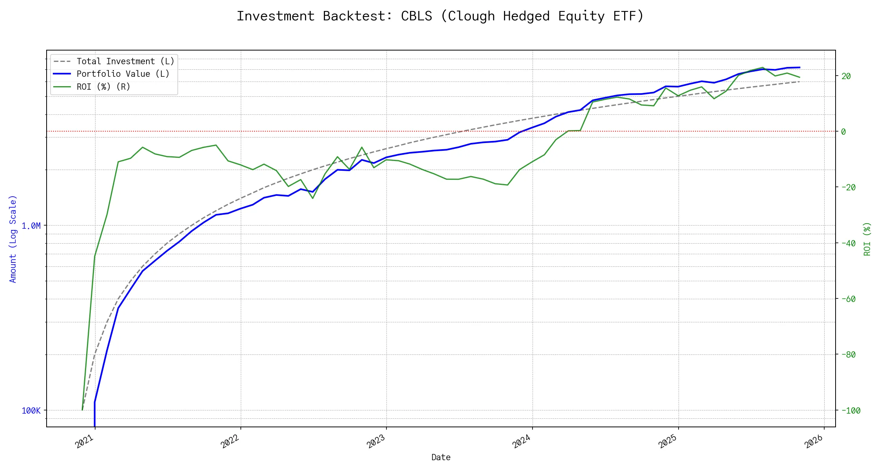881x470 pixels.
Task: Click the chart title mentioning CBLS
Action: point(440,16)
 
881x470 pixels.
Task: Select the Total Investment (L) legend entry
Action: point(125,61)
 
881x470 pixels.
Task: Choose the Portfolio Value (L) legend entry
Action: point(123,74)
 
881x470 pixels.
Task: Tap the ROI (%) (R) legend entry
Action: point(103,87)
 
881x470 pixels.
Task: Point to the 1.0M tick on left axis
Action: point(31,226)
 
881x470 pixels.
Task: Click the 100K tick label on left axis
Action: point(31,411)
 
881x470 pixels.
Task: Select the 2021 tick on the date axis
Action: point(84,442)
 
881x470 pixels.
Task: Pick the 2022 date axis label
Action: point(230,442)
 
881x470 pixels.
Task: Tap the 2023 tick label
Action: point(376,442)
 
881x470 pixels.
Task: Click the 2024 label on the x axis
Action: point(522,442)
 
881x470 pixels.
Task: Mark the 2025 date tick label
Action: point(668,442)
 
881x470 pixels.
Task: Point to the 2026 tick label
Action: point(814,442)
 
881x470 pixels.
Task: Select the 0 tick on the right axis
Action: point(843,132)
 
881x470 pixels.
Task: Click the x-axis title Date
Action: point(441,457)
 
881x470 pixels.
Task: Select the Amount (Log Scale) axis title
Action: point(13,239)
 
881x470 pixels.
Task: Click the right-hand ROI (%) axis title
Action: point(867,239)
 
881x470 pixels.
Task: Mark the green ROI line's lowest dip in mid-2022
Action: point(312,198)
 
